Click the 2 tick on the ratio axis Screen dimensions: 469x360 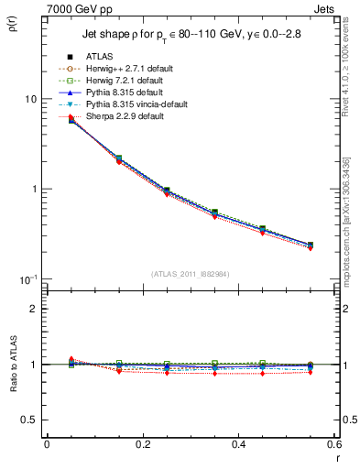32,309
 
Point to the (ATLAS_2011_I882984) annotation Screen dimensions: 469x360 190,274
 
